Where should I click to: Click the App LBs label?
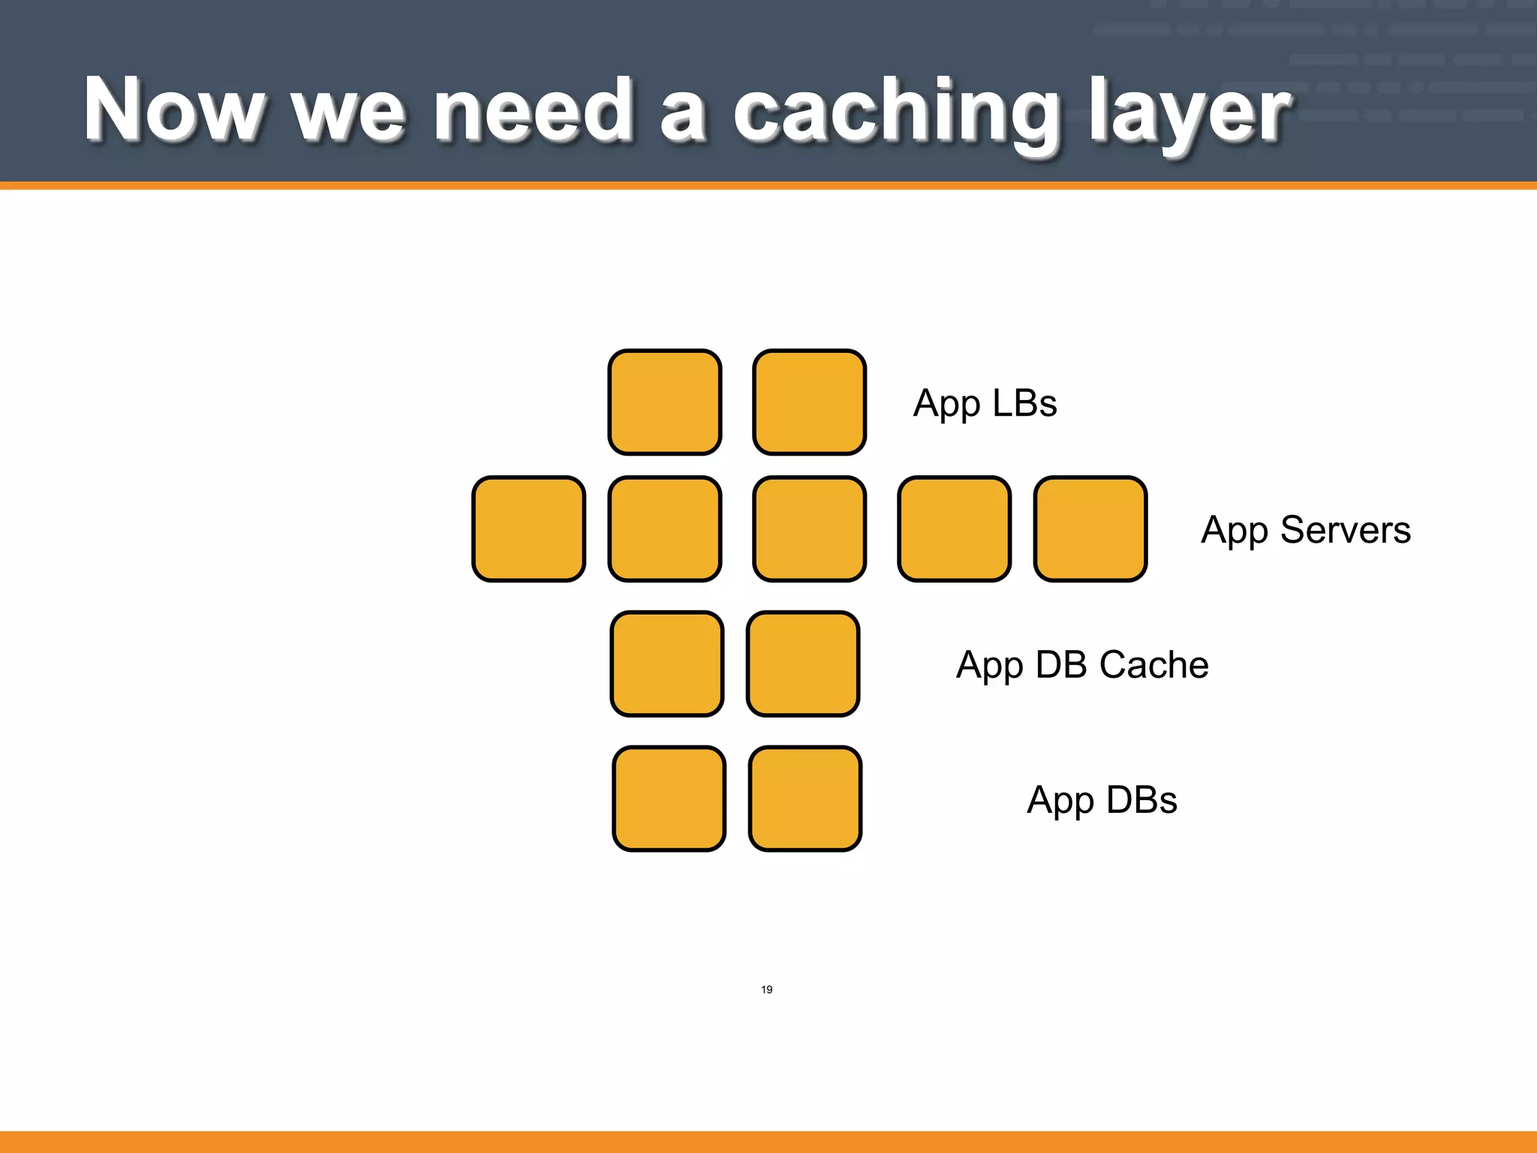(985, 404)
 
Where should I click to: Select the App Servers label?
(1305, 530)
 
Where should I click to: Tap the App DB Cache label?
(1081, 665)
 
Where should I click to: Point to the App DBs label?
(1101, 800)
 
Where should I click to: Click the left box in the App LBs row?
(665, 402)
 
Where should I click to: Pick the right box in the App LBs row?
(809, 402)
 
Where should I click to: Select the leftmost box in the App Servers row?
(528, 529)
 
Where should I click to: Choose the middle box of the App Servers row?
(809, 529)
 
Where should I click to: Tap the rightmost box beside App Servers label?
(1090, 529)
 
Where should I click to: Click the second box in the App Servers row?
(665, 529)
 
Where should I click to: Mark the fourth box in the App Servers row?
(954, 529)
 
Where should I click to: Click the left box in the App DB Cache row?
(667, 664)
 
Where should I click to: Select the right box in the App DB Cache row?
(803, 664)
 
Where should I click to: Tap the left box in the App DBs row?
(669, 799)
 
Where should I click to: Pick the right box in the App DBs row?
(805, 799)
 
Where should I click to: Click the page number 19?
(766, 989)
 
